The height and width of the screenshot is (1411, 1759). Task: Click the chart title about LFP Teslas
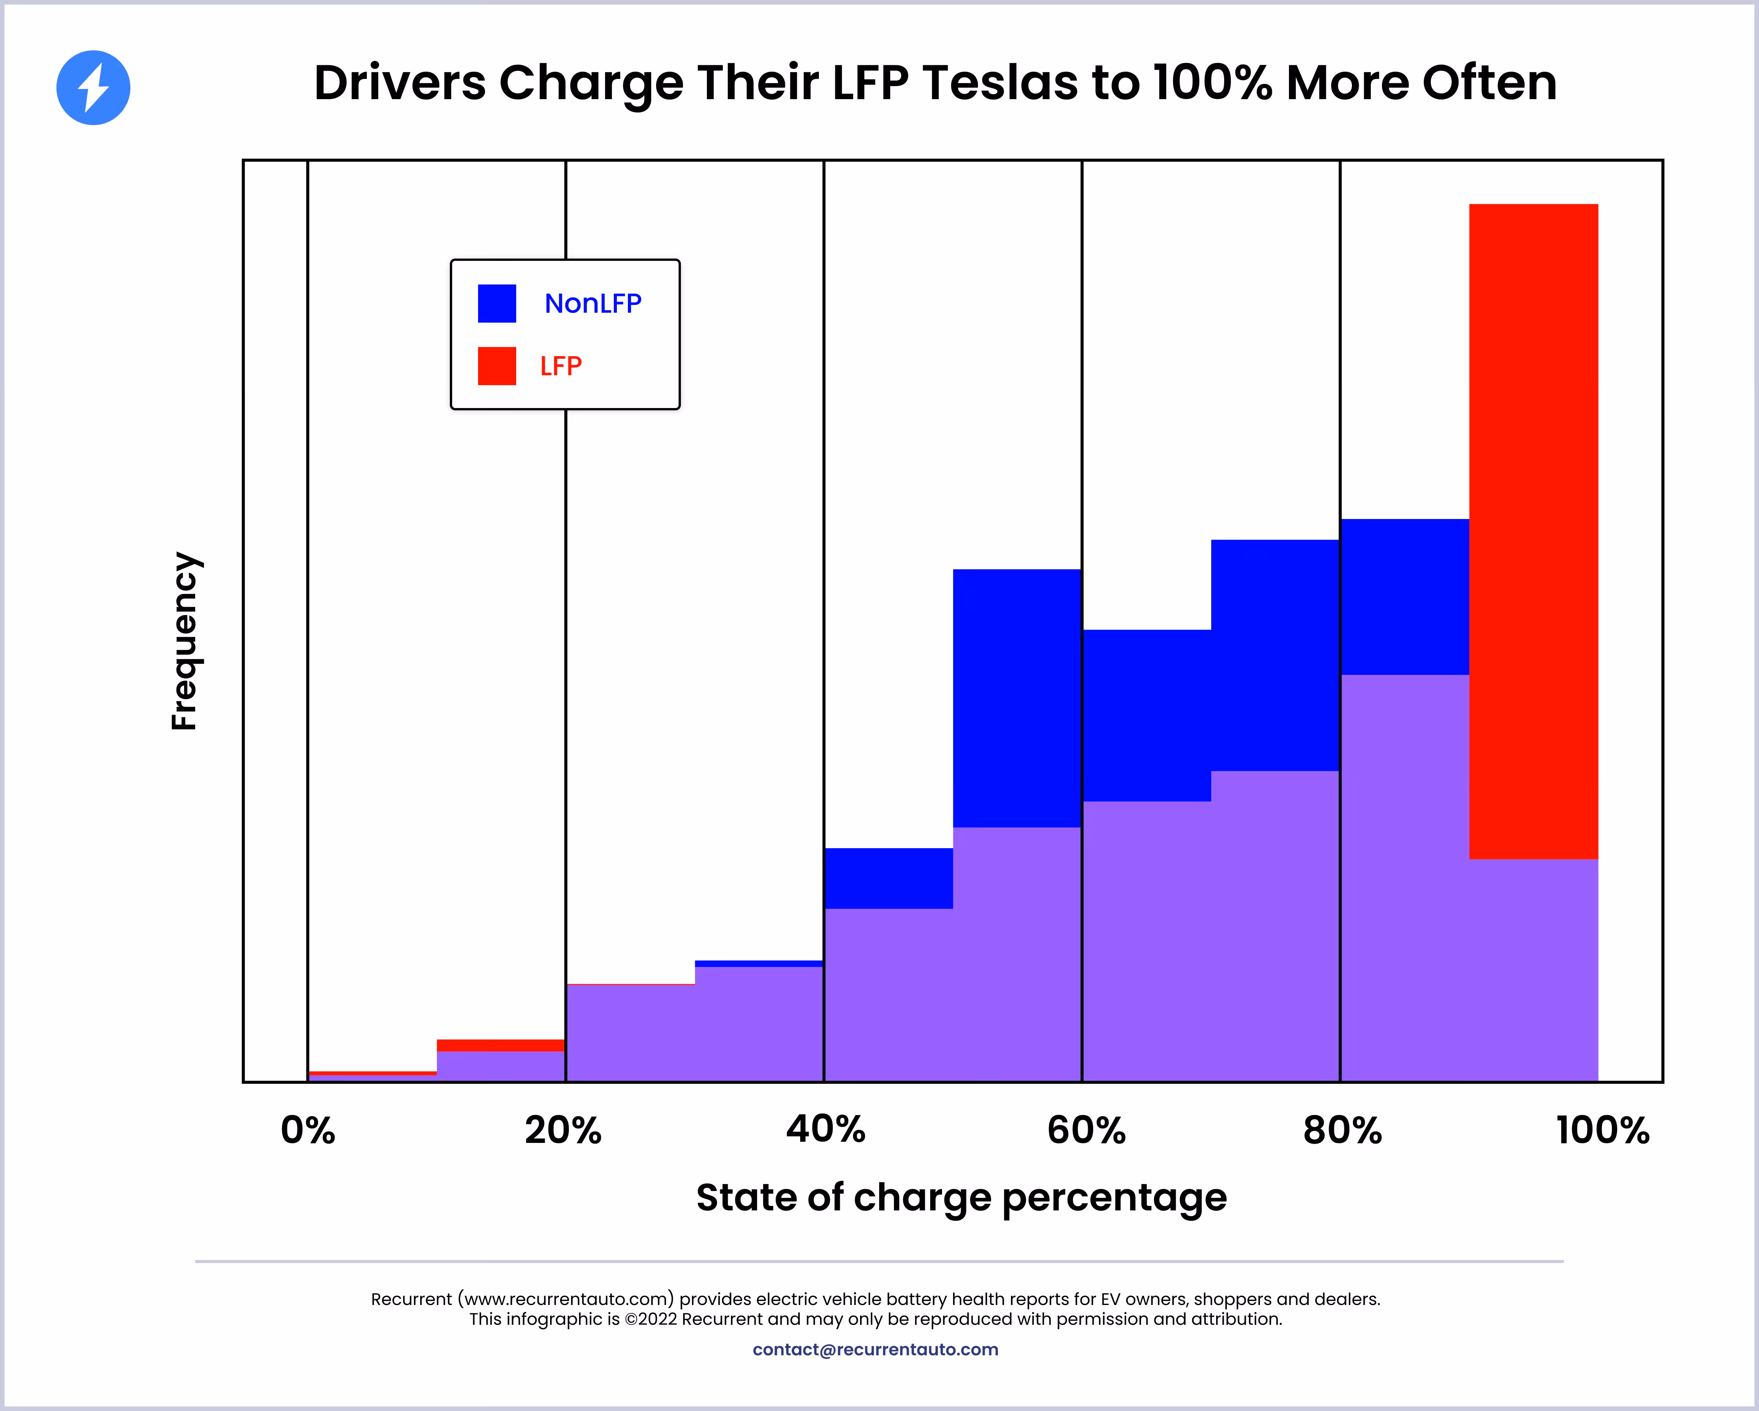pyautogui.click(x=935, y=83)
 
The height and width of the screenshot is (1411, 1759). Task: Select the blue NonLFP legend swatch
pyautogui.click(x=497, y=304)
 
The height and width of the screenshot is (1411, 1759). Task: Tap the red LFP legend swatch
pyautogui.click(x=497, y=366)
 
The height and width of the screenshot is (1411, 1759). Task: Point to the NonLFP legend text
pyautogui.click(x=593, y=304)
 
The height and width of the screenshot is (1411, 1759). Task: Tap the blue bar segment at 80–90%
pyautogui.click(x=1405, y=596)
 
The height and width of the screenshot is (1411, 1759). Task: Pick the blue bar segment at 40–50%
pyautogui.click(x=889, y=878)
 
